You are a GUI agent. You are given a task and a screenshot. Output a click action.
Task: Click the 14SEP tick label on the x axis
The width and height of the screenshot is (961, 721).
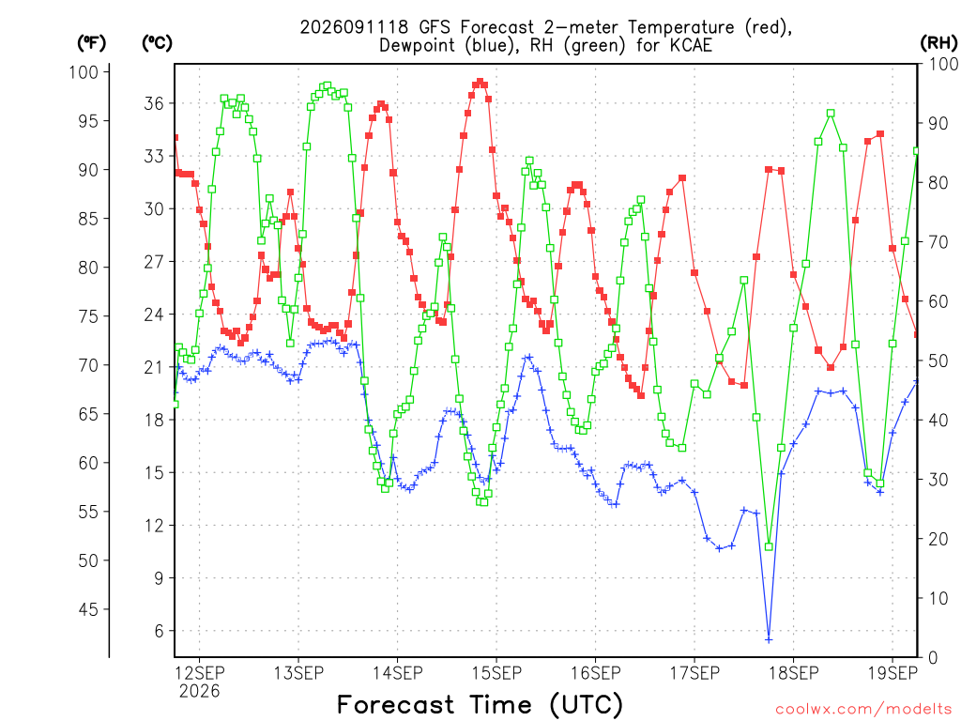(x=397, y=673)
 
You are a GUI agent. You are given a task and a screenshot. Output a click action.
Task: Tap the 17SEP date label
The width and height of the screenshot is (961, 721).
(x=694, y=673)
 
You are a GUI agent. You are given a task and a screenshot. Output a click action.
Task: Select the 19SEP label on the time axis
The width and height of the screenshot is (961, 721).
(x=892, y=673)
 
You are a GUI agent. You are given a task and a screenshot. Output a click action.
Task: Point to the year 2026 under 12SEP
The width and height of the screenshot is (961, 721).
(x=199, y=692)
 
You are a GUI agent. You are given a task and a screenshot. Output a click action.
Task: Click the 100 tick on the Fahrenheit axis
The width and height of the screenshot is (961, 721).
(x=84, y=71)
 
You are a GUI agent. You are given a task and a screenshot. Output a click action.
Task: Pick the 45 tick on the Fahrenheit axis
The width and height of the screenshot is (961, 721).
(x=88, y=609)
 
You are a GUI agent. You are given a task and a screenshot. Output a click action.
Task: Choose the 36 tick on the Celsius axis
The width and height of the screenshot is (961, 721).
(x=155, y=103)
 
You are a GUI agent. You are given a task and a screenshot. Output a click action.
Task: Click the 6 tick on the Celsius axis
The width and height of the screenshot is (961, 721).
(x=160, y=631)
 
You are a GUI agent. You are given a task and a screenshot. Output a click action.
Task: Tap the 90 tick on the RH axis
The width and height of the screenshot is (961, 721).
(x=938, y=123)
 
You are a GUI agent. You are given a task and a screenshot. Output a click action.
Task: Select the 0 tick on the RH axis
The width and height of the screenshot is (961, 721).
(x=933, y=658)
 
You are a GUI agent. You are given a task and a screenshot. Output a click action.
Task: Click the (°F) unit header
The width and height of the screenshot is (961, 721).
(x=91, y=43)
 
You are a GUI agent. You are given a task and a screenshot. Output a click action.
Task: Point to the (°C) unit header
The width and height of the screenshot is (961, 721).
(x=157, y=43)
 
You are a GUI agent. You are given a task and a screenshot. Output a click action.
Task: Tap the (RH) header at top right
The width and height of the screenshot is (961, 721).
(x=938, y=43)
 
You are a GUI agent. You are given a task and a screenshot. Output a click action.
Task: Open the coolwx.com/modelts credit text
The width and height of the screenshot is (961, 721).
(x=863, y=710)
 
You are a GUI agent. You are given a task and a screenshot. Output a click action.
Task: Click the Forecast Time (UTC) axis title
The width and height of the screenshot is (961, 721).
(x=480, y=705)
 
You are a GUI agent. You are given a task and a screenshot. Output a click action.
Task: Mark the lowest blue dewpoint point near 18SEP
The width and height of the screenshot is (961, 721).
(x=769, y=640)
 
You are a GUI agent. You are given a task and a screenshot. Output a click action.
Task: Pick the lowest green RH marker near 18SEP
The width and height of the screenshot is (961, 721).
(x=769, y=547)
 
